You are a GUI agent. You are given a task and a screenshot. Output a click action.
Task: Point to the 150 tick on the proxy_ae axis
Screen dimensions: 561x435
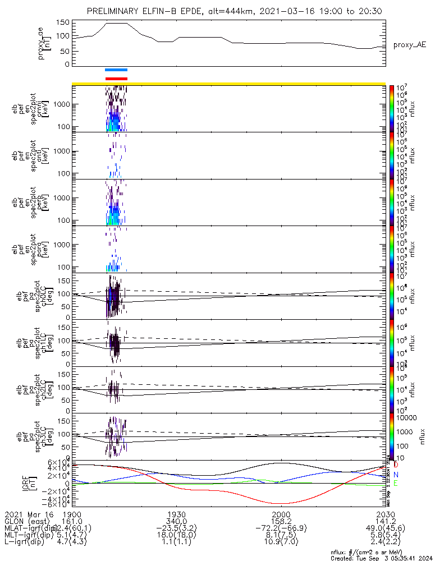[x=63, y=22]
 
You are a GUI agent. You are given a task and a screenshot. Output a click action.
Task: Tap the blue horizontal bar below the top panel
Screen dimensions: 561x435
[x=116, y=70]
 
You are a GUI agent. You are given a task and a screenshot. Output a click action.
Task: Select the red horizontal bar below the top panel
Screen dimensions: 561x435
[x=116, y=79]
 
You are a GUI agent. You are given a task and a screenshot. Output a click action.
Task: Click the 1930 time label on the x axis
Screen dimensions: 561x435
[x=176, y=514]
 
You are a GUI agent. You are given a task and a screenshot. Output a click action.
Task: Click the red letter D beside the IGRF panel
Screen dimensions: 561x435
[x=396, y=465]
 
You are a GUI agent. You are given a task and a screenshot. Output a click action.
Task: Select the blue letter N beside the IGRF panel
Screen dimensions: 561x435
[x=396, y=474]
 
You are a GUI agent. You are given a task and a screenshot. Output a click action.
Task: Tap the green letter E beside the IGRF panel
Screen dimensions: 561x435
[x=396, y=483]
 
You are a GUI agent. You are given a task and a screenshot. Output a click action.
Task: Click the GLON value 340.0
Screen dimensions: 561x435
[x=176, y=521]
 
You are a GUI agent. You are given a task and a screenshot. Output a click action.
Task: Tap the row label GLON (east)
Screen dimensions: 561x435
[x=27, y=521]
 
